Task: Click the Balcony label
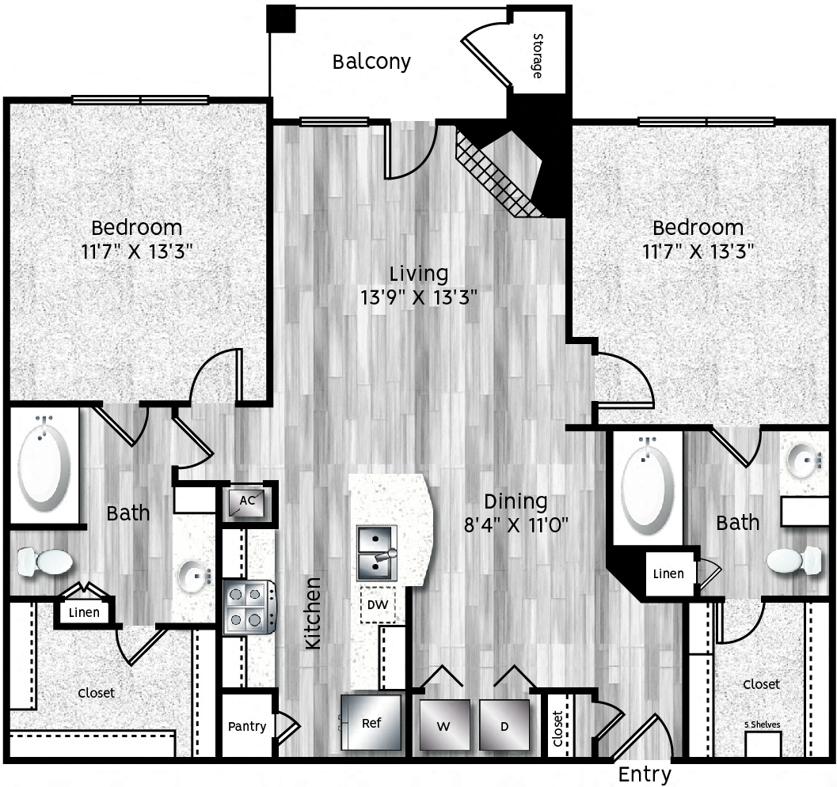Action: (x=371, y=62)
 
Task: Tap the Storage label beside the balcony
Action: (x=538, y=56)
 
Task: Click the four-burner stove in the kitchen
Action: (x=249, y=607)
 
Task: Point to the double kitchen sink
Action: (x=376, y=553)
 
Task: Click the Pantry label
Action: (x=246, y=726)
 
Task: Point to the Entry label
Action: (x=645, y=774)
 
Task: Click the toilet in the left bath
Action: (x=44, y=562)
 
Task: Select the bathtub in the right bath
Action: (x=648, y=486)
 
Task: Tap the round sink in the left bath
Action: (x=193, y=575)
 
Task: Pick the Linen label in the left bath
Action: (x=84, y=613)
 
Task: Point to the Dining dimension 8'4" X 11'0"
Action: (x=516, y=524)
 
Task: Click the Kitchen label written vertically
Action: (x=314, y=614)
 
